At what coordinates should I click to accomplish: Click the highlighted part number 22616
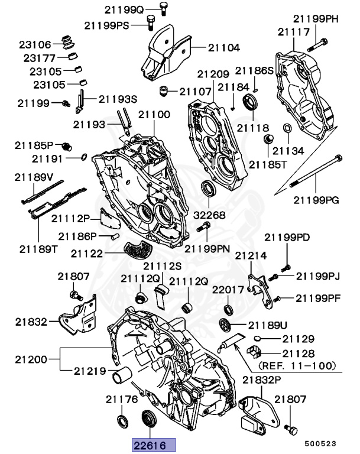point(150,444)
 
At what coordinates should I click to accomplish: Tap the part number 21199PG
point(316,200)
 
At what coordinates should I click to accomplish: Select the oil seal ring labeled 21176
point(122,421)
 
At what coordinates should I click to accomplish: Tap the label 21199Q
point(125,10)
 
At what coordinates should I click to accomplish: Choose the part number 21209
point(213,75)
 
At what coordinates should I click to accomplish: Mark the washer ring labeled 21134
point(287,129)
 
